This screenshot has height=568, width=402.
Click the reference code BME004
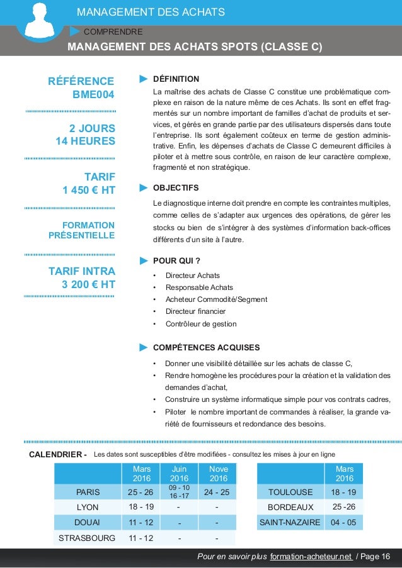(x=93, y=95)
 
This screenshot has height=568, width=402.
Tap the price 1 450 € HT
(x=89, y=190)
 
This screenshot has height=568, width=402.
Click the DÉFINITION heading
(x=176, y=79)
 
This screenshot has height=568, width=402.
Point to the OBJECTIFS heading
(x=176, y=188)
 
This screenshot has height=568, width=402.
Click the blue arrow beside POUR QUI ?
(x=143, y=260)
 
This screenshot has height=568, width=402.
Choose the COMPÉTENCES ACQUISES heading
(x=206, y=347)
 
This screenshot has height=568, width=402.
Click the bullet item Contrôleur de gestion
(x=200, y=324)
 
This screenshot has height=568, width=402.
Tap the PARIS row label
(x=88, y=491)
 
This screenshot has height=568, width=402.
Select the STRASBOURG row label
(x=87, y=538)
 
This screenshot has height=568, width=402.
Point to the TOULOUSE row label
(x=290, y=491)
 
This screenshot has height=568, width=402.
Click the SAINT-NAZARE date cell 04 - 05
(x=343, y=522)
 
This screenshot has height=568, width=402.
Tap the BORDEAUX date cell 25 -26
(x=343, y=506)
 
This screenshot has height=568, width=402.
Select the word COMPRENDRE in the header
(x=113, y=31)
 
